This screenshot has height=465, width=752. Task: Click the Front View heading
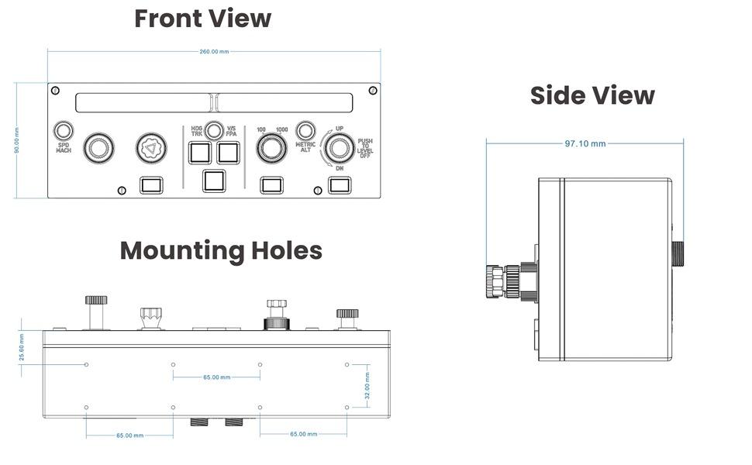[203, 19]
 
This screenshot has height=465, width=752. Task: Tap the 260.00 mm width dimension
[214, 51]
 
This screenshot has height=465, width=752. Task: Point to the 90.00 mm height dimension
[17, 140]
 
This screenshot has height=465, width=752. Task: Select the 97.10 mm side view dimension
[585, 143]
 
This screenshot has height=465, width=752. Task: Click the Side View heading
[592, 95]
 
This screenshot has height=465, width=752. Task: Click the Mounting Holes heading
[221, 251]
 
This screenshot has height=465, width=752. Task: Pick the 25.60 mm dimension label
[22, 347]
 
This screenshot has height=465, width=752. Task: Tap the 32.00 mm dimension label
[367, 386]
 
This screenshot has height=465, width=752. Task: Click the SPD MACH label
[64, 148]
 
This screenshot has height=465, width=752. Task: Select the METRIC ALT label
[305, 146]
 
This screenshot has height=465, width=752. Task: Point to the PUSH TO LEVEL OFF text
[365, 148]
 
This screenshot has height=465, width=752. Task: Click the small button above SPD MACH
[64, 130]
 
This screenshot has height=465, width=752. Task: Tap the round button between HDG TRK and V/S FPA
[214, 130]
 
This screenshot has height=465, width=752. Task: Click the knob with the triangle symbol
[151, 148]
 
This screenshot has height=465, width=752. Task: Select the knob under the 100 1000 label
[271, 148]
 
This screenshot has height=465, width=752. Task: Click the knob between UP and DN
[340, 148]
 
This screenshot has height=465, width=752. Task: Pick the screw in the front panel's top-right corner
[373, 90]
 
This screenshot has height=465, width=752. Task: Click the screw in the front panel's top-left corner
[55, 90]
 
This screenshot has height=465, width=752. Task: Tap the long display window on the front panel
[214, 102]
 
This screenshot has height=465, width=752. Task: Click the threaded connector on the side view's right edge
[678, 253]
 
